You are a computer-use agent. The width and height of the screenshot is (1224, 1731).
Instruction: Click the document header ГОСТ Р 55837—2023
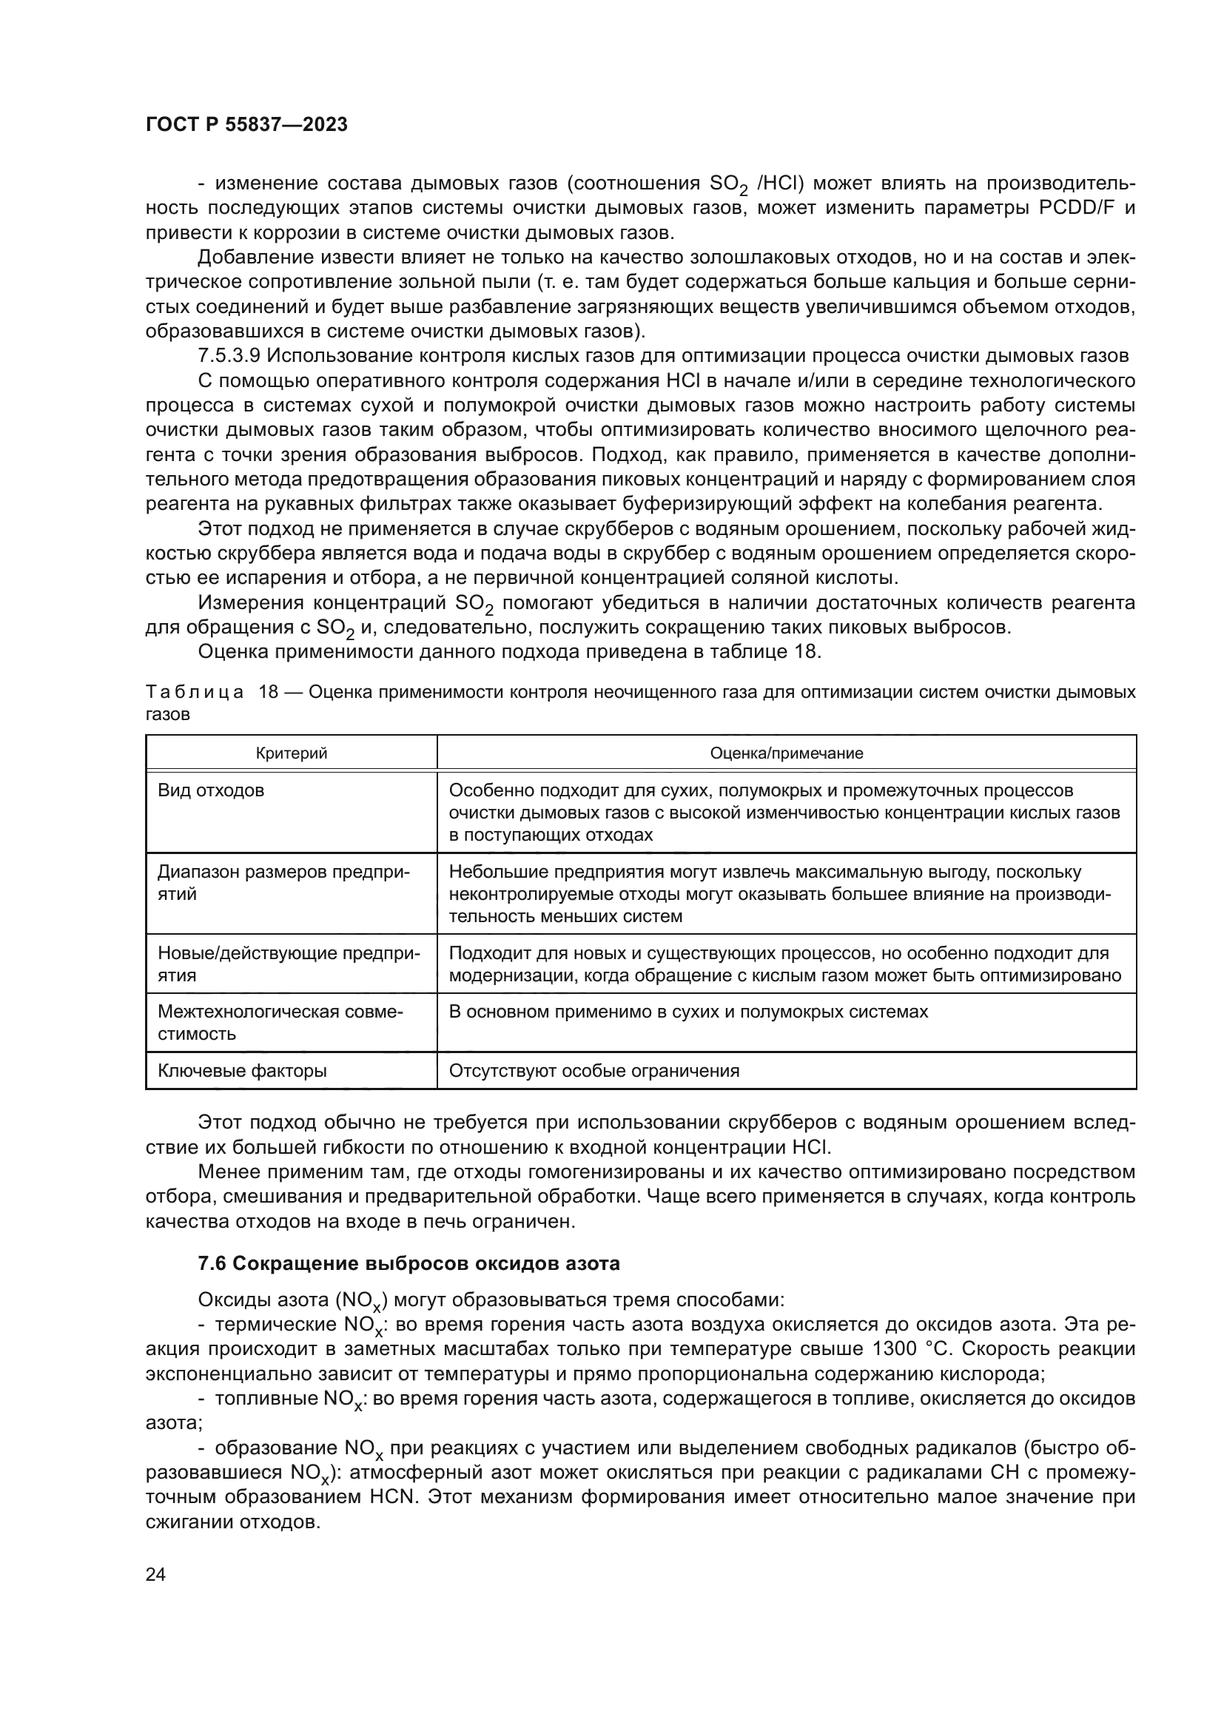click(246, 125)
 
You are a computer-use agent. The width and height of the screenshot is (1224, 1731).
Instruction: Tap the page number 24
click(155, 1574)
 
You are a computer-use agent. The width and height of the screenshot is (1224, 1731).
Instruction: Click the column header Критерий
click(291, 753)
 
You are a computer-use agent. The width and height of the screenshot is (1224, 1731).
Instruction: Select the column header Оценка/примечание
click(786, 753)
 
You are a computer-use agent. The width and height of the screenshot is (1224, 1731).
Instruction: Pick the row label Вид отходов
click(211, 791)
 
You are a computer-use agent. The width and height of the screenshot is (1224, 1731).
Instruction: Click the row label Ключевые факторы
click(242, 1071)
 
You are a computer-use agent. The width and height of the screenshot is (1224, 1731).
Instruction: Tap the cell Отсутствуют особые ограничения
click(594, 1071)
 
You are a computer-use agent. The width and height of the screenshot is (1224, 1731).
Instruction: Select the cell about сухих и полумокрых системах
click(688, 1012)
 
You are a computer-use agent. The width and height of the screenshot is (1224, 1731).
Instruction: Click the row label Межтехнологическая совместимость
click(280, 1022)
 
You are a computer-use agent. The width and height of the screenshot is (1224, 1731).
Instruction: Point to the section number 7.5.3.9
click(229, 356)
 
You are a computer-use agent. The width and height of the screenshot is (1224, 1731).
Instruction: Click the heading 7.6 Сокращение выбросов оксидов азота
click(408, 1263)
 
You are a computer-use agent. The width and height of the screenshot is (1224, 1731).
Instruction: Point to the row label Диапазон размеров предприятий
click(283, 883)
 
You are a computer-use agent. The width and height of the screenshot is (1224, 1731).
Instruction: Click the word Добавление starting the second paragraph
click(255, 258)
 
